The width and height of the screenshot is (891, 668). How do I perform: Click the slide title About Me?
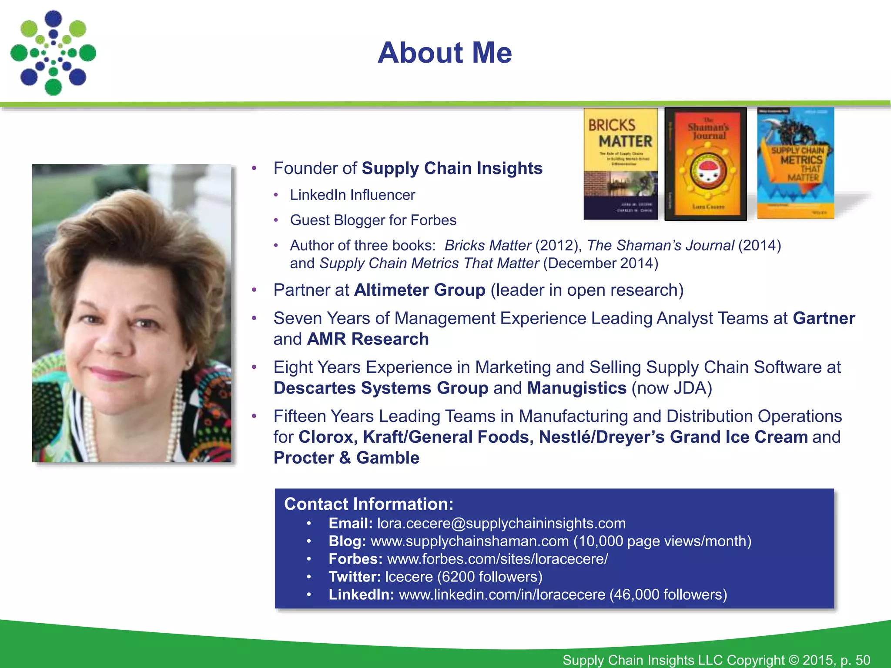click(x=445, y=53)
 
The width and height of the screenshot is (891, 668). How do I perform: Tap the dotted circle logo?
click(x=53, y=53)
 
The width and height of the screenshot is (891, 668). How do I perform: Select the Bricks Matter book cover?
click(x=620, y=164)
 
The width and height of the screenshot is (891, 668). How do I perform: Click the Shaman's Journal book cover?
click(x=706, y=164)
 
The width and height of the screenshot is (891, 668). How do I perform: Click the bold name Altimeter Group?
click(x=419, y=290)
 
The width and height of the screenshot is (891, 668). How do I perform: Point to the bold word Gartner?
click(x=824, y=318)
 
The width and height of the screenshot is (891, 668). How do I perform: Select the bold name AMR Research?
click(x=368, y=339)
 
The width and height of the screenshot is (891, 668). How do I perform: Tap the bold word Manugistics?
click(x=576, y=388)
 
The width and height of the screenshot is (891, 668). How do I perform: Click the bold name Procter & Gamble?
click(x=346, y=458)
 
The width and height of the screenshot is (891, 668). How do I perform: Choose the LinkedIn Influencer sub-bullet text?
click(x=352, y=195)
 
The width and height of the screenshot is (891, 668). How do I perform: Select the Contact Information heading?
click(x=368, y=504)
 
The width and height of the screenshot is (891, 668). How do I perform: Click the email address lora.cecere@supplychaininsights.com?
click(x=501, y=523)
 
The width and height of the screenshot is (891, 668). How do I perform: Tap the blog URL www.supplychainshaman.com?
click(x=469, y=541)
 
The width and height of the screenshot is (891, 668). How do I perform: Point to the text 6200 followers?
click(x=489, y=577)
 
